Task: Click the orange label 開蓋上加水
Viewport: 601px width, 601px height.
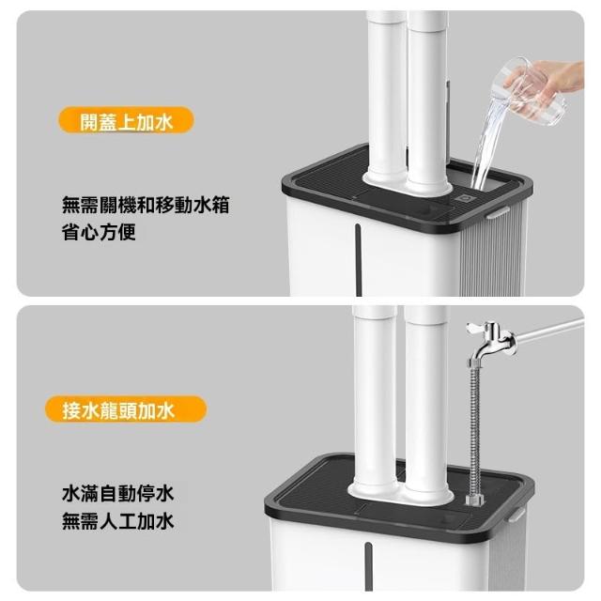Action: click(x=126, y=120)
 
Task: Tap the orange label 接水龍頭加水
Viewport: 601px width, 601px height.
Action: click(x=126, y=409)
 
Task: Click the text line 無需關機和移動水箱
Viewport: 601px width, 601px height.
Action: click(x=146, y=205)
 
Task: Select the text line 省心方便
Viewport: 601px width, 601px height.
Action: click(x=99, y=232)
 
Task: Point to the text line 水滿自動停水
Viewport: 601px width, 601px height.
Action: click(x=117, y=493)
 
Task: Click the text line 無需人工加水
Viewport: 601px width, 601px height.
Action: click(x=117, y=521)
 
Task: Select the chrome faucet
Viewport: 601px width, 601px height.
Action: click(x=492, y=340)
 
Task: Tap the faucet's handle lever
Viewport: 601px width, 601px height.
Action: click(x=476, y=328)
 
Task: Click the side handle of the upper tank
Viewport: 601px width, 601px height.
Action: click(x=498, y=212)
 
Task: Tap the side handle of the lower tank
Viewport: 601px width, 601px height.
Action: click(x=516, y=514)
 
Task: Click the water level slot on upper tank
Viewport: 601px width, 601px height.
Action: click(x=359, y=260)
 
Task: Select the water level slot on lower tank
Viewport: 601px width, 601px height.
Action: click(x=368, y=566)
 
